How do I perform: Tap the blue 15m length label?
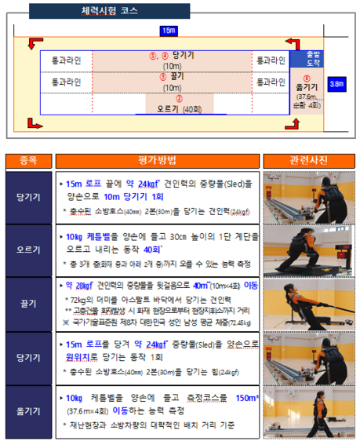[168, 31]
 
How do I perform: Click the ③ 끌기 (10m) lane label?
[172, 82]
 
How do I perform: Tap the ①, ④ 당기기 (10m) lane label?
[172, 60]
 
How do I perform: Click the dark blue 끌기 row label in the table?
[27, 303]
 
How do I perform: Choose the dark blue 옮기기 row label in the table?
[27, 410]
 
